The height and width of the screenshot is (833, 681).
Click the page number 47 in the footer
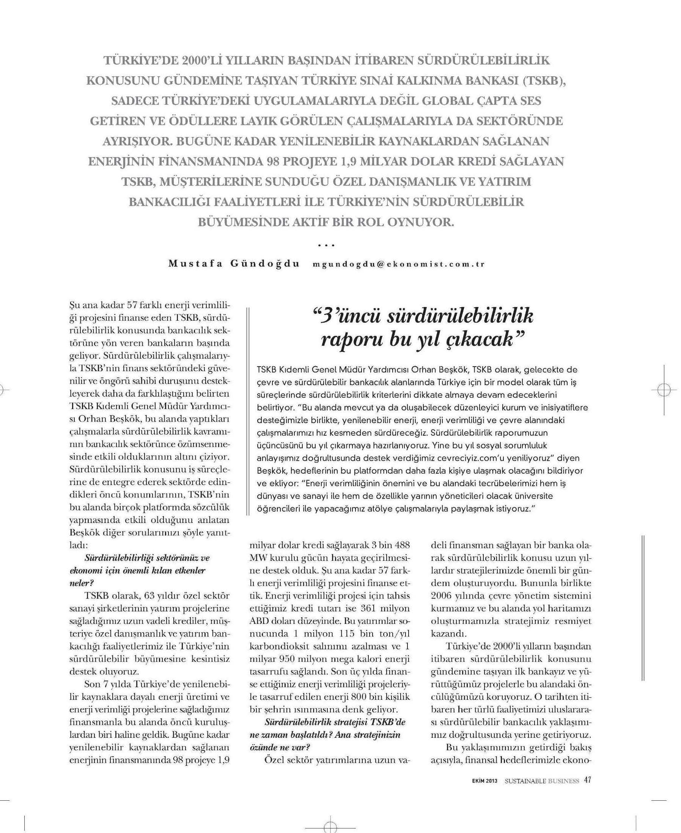click(587, 780)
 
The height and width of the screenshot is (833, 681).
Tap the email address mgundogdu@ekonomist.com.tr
click(399, 264)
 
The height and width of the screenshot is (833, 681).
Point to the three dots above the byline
click(326, 245)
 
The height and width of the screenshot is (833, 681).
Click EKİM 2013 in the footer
click(484, 781)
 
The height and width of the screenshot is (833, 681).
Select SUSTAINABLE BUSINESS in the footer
click(542, 781)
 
